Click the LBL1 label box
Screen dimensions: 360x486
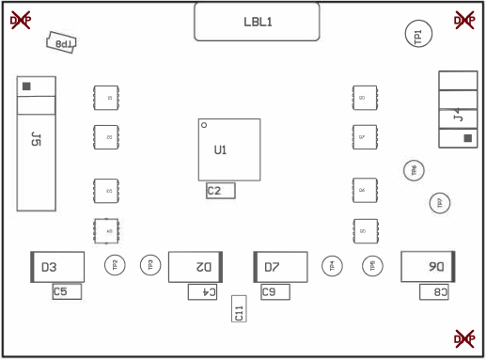(x=257, y=22)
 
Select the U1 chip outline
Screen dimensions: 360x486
(x=228, y=149)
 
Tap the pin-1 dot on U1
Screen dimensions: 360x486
(x=204, y=125)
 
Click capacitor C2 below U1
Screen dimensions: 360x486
(x=220, y=191)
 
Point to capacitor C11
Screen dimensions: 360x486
(x=239, y=312)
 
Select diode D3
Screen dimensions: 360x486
(x=57, y=267)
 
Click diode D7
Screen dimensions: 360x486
(x=281, y=267)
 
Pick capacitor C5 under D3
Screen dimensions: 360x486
(x=67, y=291)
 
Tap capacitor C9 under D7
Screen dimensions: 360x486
(x=274, y=292)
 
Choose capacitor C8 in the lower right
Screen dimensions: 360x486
(x=434, y=292)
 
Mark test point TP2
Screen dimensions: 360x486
(x=116, y=266)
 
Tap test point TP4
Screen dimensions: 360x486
(x=332, y=266)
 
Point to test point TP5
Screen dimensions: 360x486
(x=372, y=266)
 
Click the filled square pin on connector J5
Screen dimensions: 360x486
(x=26, y=86)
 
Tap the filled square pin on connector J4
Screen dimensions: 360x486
(x=467, y=139)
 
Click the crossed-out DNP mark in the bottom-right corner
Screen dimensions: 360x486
(x=464, y=337)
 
